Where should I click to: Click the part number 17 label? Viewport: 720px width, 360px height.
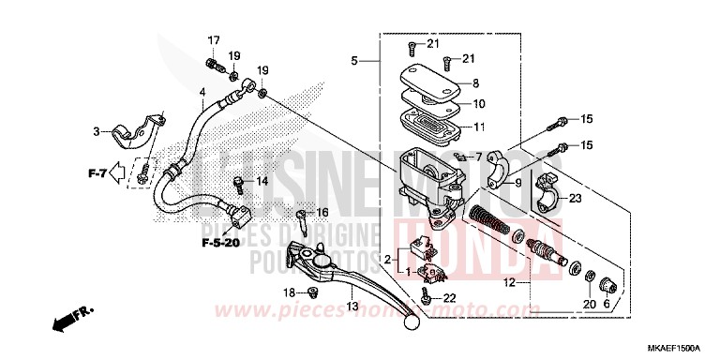click(x=214, y=40)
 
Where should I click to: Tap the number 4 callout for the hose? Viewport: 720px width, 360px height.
click(x=202, y=92)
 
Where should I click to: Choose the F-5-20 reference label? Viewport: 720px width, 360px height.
click(x=221, y=243)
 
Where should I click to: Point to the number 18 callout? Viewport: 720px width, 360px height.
click(x=289, y=293)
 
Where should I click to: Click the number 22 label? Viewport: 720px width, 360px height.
click(x=450, y=298)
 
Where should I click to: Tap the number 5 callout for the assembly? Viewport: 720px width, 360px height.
click(x=355, y=61)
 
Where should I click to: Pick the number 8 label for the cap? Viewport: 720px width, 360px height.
click(x=475, y=83)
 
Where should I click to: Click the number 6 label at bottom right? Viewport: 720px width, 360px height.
click(x=605, y=305)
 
